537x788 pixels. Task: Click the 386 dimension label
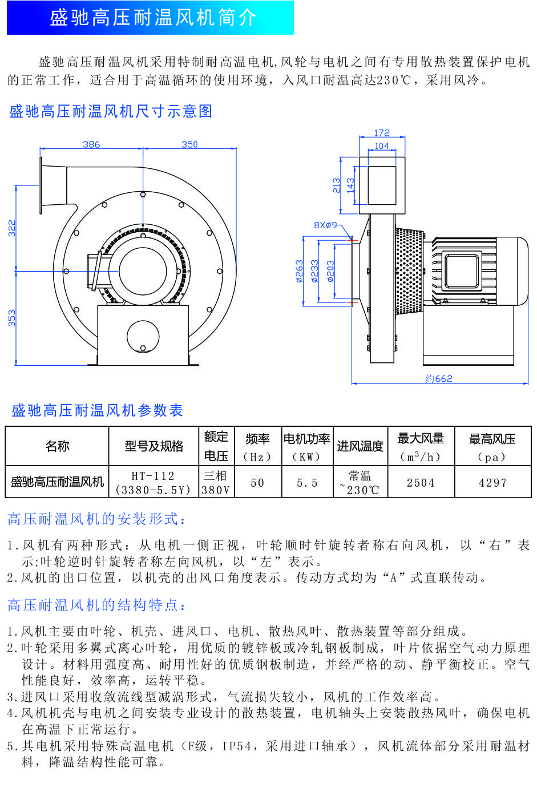(91, 144)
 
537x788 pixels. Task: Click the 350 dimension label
(189, 144)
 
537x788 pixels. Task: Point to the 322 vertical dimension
(12, 228)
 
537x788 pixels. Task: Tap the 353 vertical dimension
(12, 318)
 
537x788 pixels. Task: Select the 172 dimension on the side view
(382, 133)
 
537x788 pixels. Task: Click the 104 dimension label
(382, 146)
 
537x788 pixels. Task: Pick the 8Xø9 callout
(325, 225)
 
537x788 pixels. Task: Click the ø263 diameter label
(299, 272)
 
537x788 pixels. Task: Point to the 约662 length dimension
(439, 378)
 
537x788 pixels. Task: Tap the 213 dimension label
(337, 185)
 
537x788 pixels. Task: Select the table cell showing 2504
(421, 483)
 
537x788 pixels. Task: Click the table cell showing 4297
(492, 483)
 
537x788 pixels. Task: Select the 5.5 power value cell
(307, 483)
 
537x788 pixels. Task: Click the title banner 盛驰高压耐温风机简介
(153, 18)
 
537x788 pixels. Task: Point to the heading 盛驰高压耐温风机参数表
(97, 410)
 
